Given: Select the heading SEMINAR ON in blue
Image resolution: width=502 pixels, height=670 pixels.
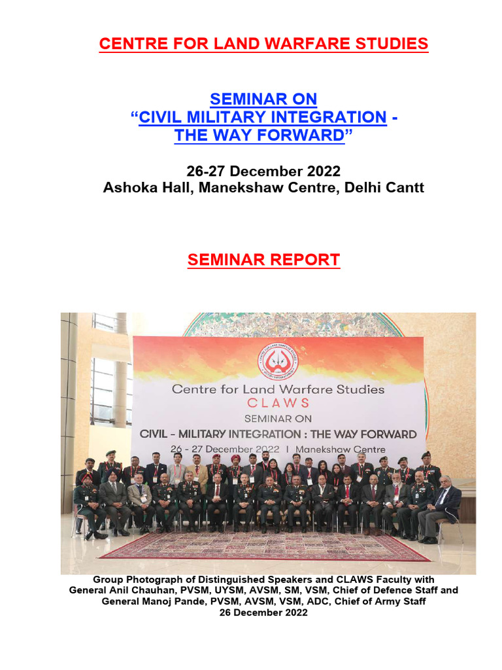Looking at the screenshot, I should [x=263, y=99].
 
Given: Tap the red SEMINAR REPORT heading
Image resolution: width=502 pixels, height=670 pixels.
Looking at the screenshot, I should [x=263, y=260].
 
